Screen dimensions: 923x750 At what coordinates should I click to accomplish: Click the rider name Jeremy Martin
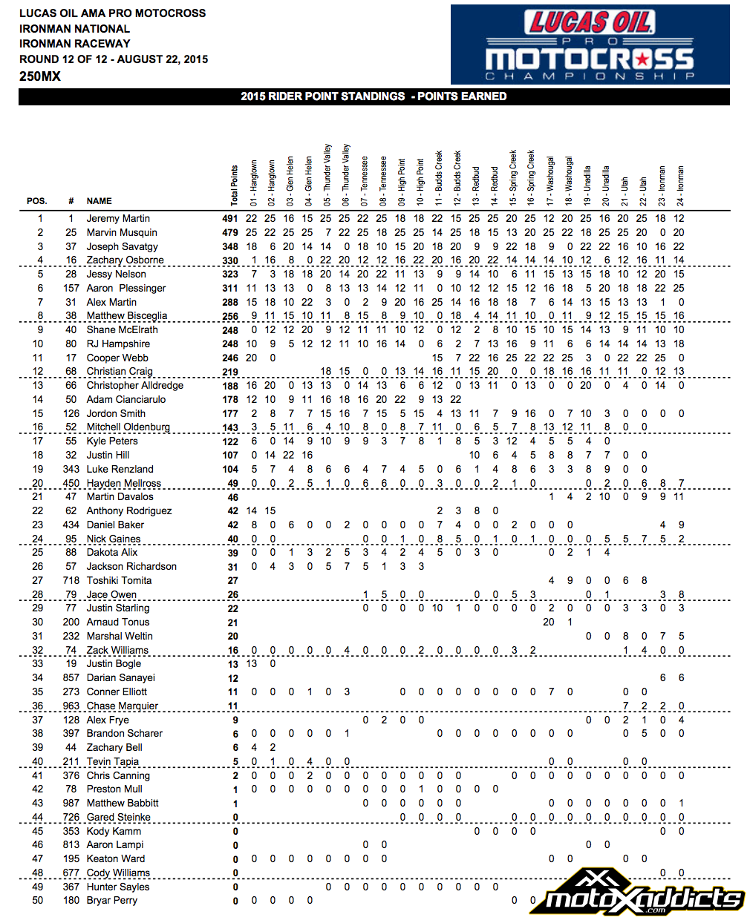[x=118, y=219]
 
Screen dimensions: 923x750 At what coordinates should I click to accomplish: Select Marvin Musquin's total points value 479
[x=230, y=233]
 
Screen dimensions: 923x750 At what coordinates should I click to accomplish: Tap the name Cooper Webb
[x=117, y=358]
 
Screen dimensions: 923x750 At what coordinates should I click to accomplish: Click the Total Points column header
[x=235, y=185]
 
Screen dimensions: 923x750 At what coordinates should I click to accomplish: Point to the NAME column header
[x=99, y=201]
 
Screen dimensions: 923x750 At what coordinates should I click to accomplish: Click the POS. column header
[x=37, y=201]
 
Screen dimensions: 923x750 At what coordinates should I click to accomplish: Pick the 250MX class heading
[x=40, y=76]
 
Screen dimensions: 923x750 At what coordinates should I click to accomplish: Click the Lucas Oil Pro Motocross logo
[x=590, y=45]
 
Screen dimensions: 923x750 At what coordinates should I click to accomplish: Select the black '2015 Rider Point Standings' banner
[x=374, y=96]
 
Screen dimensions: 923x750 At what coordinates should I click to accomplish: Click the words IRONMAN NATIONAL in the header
[x=74, y=29]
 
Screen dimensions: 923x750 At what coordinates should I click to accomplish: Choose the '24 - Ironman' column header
[x=681, y=185]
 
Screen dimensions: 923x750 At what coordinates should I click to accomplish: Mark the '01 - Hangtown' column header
[x=253, y=183]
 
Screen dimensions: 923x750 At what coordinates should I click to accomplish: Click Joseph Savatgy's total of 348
[x=230, y=247]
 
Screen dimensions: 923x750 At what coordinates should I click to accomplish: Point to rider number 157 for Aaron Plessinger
[x=71, y=289]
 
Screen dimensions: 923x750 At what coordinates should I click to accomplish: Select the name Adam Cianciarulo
[x=126, y=400]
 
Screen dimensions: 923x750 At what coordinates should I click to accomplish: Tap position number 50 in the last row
[x=37, y=901]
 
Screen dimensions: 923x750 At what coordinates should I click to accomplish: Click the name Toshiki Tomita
[x=119, y=581]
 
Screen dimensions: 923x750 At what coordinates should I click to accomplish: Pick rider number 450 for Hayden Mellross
[x=71, y=484]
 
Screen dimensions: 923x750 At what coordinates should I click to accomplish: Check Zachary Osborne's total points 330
[x=230, y=261]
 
